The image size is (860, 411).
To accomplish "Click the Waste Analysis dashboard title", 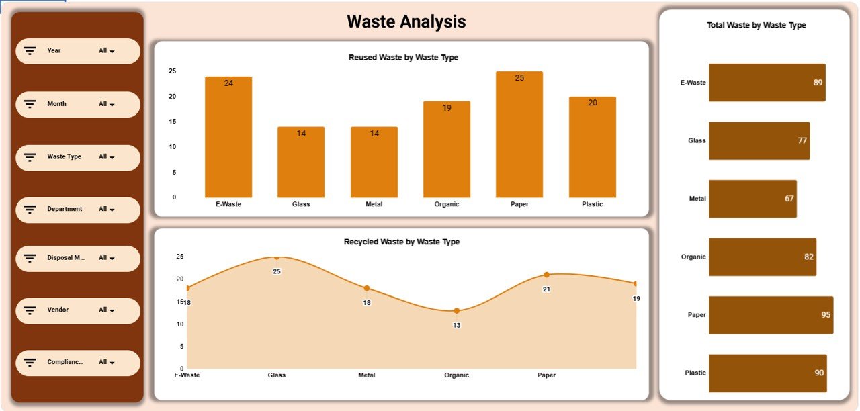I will click(406, 22).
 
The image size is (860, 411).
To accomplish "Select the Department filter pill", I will click(78, 210).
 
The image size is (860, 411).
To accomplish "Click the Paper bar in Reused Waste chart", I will click(519, 134).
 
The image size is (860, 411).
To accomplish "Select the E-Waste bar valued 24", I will click(228, 137).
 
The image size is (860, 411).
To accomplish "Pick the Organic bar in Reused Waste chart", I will click(447, 149).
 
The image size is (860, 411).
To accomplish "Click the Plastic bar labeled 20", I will click(592, 147).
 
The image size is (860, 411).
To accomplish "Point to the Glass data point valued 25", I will click(277, 257).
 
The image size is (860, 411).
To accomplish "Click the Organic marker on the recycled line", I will click(457, 310).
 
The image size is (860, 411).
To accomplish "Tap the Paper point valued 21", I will click(546, 274).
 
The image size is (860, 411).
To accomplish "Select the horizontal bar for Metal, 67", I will click(752, 199).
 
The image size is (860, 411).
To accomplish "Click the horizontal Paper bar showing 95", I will click(771, 315).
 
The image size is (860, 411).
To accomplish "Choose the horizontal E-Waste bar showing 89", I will click(767, 83).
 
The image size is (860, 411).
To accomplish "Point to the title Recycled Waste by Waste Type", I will click(401, 242).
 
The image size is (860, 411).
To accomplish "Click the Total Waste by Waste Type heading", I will click(756, 26).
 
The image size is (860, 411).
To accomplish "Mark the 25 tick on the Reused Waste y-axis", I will click(172, 71).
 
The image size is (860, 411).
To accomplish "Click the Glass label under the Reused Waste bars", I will click(301, 204).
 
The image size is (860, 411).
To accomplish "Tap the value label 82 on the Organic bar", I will click(808, 257).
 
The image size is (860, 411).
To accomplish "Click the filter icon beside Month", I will click(30, 104).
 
